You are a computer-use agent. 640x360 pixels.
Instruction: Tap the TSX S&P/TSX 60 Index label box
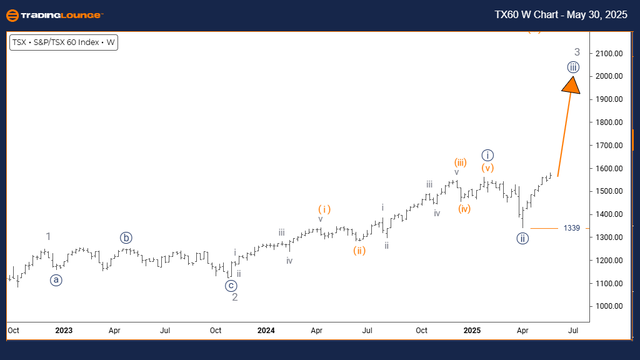64,43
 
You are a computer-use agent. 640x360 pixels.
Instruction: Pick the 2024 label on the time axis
266,329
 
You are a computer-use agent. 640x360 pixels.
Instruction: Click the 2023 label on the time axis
64,329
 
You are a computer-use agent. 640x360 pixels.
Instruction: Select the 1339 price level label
571,228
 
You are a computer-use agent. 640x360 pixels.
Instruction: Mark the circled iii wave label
574,67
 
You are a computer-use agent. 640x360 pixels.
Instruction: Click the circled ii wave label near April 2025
523,238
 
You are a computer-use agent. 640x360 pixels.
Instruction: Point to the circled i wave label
488,154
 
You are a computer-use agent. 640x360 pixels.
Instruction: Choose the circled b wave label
127,237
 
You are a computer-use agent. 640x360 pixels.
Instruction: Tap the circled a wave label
56,280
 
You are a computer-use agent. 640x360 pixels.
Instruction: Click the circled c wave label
232,286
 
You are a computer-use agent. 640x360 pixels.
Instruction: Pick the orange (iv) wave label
463,208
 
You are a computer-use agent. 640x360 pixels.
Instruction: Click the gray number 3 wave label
577,52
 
